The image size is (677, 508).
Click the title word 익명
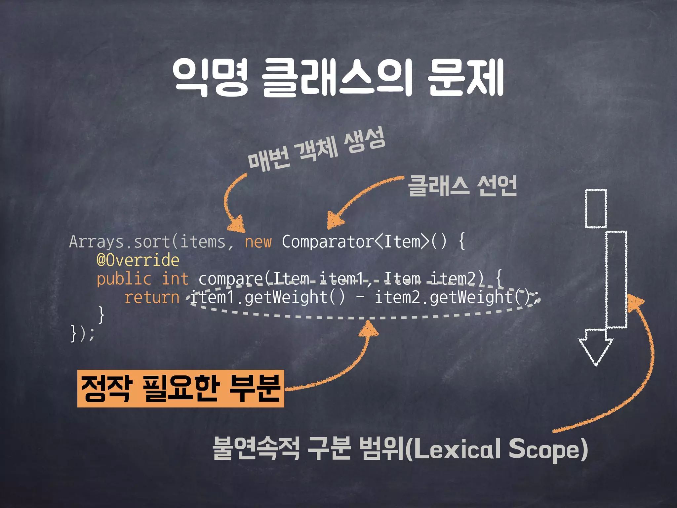click(210, 77)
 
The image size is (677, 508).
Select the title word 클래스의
click(337, 77)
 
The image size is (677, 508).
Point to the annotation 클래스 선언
click(462, 186)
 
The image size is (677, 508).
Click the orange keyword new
click(258, 242)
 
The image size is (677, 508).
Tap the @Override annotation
click(138, 260)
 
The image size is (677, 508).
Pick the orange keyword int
click(175, 279)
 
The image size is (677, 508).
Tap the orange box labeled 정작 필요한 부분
click(180, 389)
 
